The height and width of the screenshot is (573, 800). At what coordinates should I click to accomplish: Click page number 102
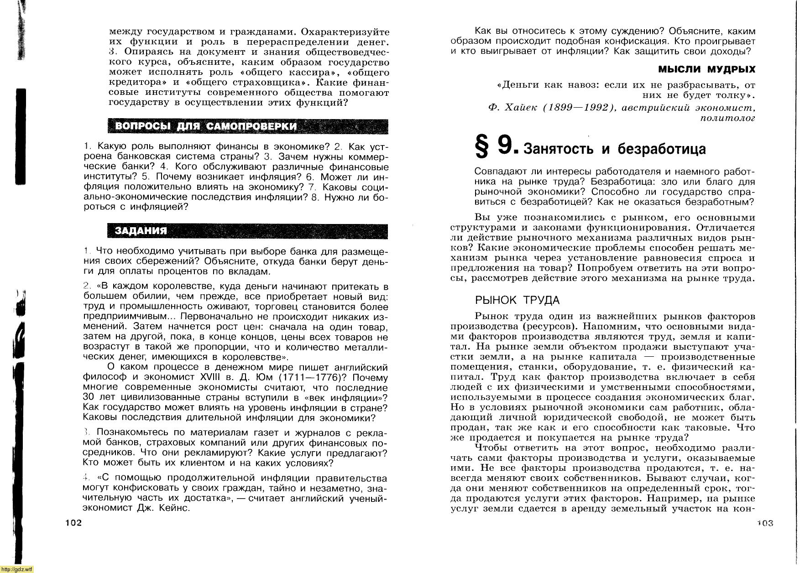[x=73, y=523]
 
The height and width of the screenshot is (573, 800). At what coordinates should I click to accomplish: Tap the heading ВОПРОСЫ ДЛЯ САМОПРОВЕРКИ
[x=206, y=126]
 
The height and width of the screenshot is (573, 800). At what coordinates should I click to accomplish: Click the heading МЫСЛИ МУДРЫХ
[x=706, y=69]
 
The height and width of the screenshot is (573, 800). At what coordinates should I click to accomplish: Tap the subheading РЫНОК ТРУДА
[x=517, y=300]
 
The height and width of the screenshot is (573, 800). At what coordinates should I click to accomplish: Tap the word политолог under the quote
[x=727, y=118]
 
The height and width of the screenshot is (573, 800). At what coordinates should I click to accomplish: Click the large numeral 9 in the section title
[x=505, y=146]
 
